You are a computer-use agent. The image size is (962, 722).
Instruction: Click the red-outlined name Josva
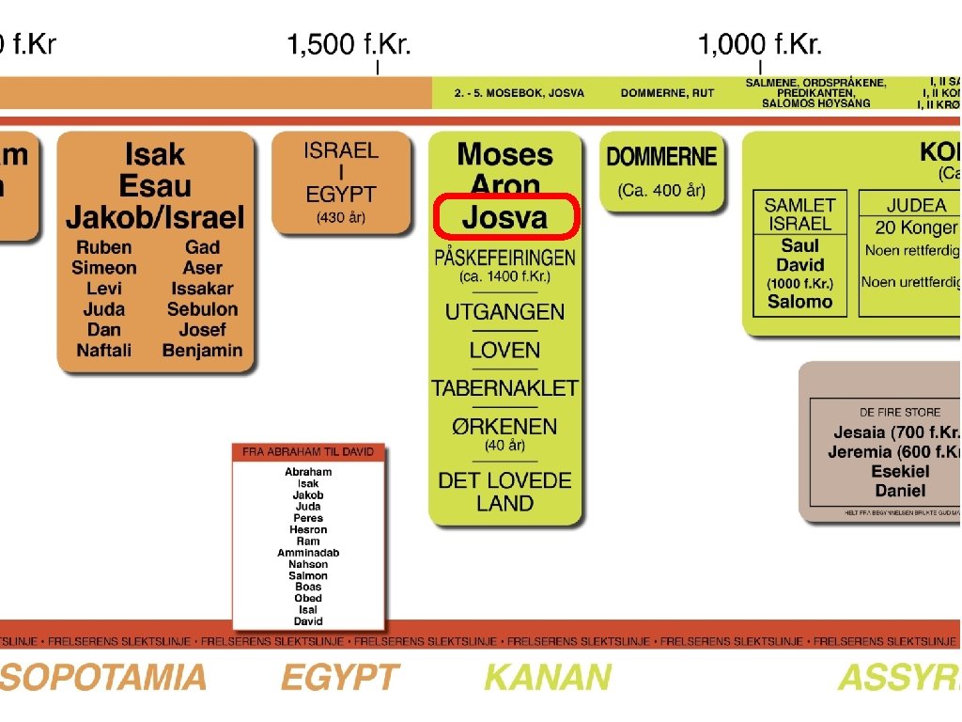(504, 217)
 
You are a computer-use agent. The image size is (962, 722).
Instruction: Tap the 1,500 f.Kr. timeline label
(349, 44)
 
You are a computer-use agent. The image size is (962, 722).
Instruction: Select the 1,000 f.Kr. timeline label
(759, 44)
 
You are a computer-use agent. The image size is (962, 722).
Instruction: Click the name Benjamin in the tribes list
(202, 351)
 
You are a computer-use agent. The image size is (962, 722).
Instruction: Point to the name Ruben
(103, 247)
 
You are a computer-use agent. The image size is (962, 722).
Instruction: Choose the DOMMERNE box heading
(661, 157)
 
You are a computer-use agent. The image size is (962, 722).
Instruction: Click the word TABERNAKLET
(504, 387)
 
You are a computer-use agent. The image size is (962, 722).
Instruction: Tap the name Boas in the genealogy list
(308, 587)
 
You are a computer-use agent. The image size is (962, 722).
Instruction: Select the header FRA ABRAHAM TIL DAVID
(308, 452)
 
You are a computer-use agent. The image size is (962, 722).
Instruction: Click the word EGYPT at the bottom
(339, 678)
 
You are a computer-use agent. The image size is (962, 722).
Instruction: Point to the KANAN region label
(548, 678)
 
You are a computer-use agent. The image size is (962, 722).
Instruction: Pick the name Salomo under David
(799, 302)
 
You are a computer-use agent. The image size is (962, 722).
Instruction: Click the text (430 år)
(341, 218)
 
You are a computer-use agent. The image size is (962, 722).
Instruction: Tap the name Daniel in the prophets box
(900, 491)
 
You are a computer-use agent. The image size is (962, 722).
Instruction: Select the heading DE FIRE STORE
(900, 413)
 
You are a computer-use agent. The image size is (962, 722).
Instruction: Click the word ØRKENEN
(504, 425)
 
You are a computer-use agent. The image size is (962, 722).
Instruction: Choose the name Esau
(155, 185)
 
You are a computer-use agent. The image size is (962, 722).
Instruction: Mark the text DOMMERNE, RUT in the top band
(667, 93)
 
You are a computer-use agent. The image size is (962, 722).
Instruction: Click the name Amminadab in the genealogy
(308, 553)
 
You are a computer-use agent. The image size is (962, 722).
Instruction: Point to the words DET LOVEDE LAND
(504, 492)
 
